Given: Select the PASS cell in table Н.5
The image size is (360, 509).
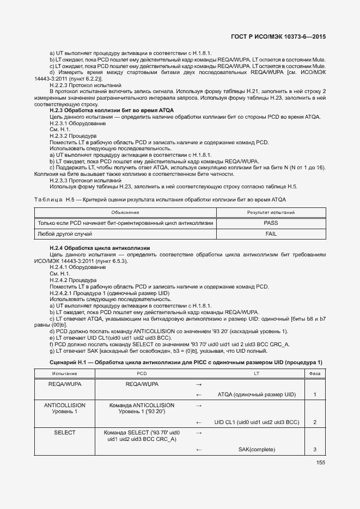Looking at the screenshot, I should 271,223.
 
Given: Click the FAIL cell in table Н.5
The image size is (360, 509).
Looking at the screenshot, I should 271,234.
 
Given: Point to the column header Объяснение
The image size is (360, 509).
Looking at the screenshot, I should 125,212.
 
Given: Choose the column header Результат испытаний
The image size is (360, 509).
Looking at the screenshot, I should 271,212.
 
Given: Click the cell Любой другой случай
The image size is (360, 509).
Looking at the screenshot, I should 64,234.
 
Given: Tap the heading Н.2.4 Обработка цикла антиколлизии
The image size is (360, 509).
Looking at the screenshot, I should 100,248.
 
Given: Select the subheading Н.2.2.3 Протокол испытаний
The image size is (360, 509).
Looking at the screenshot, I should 85,86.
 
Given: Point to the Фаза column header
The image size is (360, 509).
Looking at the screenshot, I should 315,373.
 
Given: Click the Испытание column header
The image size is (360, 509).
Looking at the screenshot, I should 64,373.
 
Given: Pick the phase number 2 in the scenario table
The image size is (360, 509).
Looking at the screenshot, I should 315,422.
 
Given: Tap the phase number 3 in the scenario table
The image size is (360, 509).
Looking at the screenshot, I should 315,449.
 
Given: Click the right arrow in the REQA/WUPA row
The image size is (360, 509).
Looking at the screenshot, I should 199,384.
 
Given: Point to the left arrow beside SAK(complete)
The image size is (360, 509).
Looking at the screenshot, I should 199,449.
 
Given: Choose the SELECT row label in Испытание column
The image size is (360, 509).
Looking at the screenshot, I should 64,433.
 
